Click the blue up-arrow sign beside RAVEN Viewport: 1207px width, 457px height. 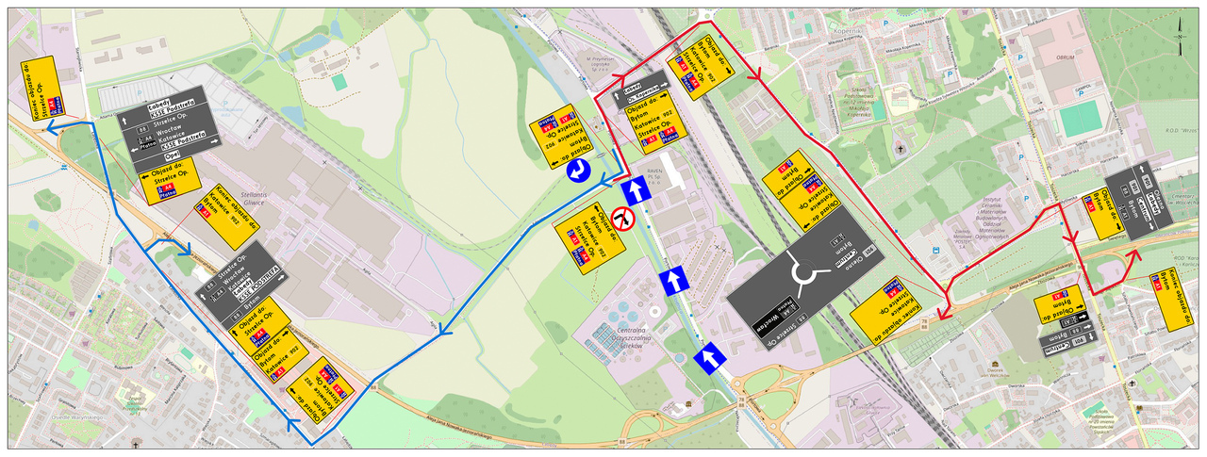tap(637, 190)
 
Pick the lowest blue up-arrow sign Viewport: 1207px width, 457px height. tap(710, 357)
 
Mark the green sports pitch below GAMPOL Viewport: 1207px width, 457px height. tap(1080, 117)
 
